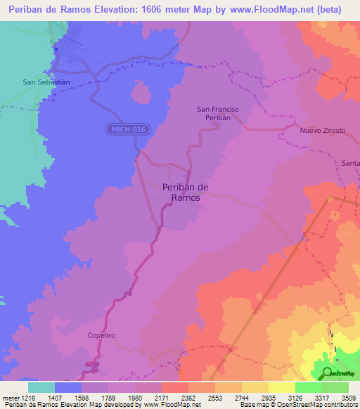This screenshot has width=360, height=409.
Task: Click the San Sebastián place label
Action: click(x=46, y=82)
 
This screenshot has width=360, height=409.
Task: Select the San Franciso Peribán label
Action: click(x=218, y=115)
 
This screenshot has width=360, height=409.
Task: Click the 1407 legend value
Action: click(x=55, y=397)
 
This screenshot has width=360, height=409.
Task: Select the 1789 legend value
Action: click(x=108, y=397)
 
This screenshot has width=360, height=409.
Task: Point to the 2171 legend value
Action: click(x=162, y=397)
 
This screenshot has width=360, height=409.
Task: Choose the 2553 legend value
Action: click(x=215, y=397)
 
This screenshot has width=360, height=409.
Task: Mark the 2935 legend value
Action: click(x=269, y=397)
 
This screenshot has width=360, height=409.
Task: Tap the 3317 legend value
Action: click(x=322, y=397)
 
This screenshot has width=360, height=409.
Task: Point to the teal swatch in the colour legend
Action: click(x=41, y=387)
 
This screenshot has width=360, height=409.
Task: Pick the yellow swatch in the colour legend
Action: click(x=281, y=387)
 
